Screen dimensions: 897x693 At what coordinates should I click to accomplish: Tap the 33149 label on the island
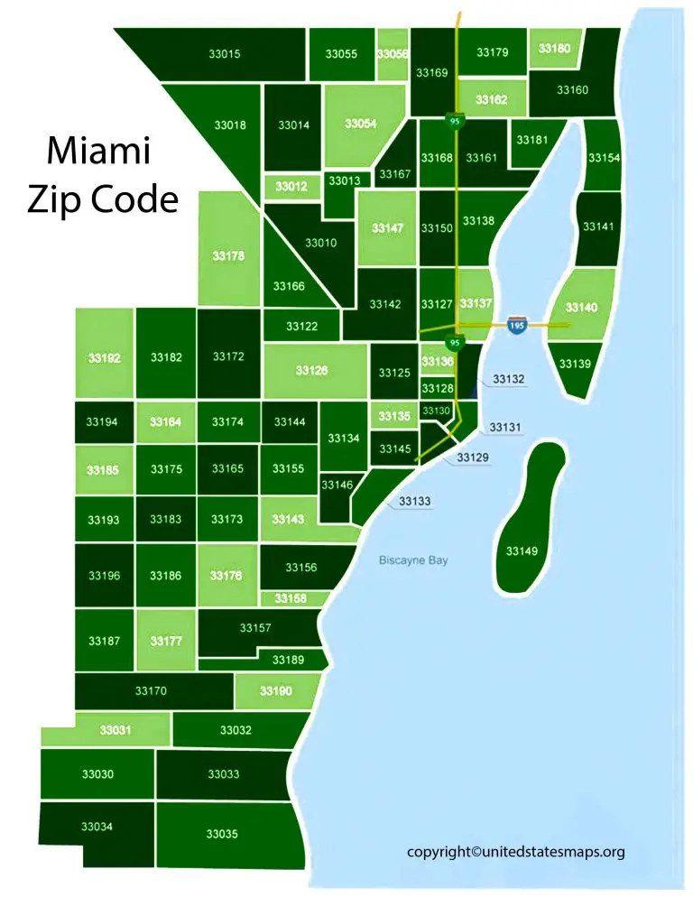click(522, 550)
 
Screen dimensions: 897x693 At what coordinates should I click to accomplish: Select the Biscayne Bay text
click(412, 560)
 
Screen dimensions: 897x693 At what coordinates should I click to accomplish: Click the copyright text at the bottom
click(515, 851)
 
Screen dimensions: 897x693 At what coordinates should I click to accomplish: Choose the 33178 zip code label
click(228, 256)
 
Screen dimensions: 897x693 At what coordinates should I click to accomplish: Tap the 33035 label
click(222, 833)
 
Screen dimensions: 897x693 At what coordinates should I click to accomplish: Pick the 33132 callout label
click(509, 380)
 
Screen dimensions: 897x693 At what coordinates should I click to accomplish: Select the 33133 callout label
click(415, 501)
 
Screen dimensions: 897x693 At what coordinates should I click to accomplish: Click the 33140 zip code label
click(581, 308)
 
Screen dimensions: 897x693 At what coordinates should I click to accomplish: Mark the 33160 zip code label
click(572, 90)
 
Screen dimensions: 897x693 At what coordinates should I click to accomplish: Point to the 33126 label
click(311, 370)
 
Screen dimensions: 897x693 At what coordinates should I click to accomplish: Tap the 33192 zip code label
click(104, 357)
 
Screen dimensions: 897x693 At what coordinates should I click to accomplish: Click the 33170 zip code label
click(151, 691)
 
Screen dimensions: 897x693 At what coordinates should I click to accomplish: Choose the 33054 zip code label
click(360, 124)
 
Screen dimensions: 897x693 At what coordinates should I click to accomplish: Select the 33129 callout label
click(473, 458)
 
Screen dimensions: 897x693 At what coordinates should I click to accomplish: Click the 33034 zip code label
click(97, 827)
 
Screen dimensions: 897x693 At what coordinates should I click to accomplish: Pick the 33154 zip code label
click(604, 158)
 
